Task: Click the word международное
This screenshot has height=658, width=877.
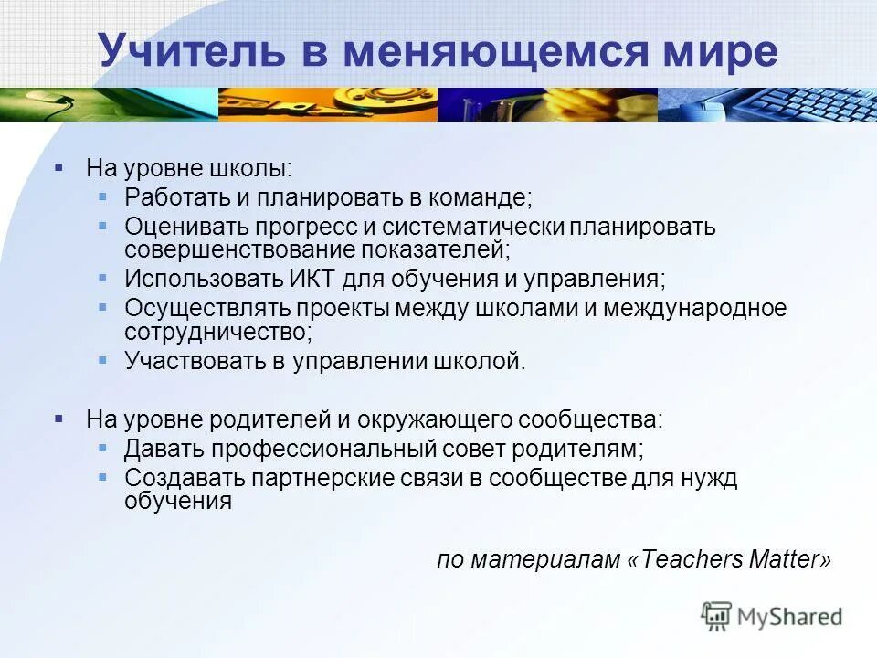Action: (694, 308)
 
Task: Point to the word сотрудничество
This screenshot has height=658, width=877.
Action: (217, 330)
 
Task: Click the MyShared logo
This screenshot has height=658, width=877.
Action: (772, 617)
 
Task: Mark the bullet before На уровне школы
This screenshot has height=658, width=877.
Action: (59, 167)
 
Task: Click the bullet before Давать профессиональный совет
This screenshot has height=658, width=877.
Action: (103, 448)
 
